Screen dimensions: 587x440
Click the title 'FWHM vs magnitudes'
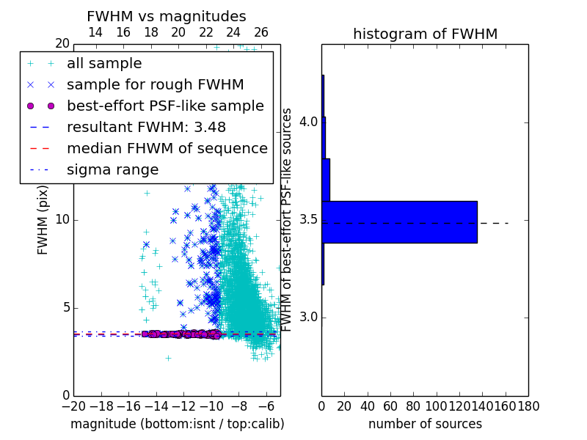coord(167,16)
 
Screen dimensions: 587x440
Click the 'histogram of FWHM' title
coord(426,34)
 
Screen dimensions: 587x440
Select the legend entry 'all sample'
coord(104,64)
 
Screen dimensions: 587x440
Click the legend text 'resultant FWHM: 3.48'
coord(146,127)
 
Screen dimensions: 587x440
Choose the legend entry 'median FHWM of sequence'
coord(167,149)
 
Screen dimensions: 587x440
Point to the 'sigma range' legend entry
coord(113,170)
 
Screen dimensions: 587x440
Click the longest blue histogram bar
coord(399,222)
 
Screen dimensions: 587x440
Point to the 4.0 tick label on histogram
coord(308,122)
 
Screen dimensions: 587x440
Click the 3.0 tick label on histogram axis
coord(308,318)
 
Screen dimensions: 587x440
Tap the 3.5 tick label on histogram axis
coord(308,220)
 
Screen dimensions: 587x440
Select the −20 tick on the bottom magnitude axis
coord(74,406)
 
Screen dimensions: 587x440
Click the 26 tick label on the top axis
coord(261,32)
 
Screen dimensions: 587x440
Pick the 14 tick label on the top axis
coord(95,32)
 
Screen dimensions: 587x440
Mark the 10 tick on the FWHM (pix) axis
coord(62,219)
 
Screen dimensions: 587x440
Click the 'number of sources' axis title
coord(426,424)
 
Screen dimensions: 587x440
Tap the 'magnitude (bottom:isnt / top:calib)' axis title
coord(178,424)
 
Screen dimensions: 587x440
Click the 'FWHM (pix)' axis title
coord(43,220)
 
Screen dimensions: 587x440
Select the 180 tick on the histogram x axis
coord(528,406)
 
